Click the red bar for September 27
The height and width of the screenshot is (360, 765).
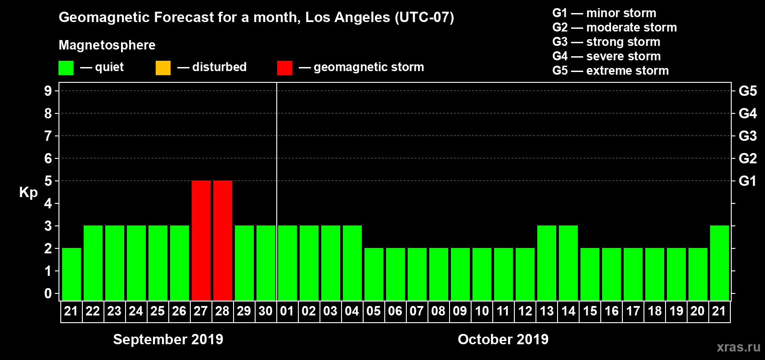[201, 240]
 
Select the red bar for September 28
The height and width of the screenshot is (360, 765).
[223, 240]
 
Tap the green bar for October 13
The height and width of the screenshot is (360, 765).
[547, 263]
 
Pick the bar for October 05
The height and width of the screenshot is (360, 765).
[374, 274]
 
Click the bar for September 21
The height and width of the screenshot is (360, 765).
[72, 274]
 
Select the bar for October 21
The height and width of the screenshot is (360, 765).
[720, 263]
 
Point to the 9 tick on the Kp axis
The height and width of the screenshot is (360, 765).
[48, 91]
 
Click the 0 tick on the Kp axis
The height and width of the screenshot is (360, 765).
[48, 293]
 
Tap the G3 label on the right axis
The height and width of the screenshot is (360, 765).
[747, 136]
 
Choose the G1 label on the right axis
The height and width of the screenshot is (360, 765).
[747, 181]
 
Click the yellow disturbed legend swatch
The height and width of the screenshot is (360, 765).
[163, 68]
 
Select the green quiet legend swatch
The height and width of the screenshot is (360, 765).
[66, 68]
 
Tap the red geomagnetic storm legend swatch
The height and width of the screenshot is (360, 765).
[284, 68]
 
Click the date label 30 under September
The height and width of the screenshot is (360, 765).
[265, 311]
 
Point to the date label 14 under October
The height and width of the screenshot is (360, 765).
[568, 311]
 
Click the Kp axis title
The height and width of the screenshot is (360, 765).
[28, 193]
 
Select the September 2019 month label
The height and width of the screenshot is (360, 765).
[168, 339]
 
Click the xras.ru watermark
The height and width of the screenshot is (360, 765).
[738, 347]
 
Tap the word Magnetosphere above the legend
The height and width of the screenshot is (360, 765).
[107, 45]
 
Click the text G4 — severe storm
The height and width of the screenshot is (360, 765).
[607, 56]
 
